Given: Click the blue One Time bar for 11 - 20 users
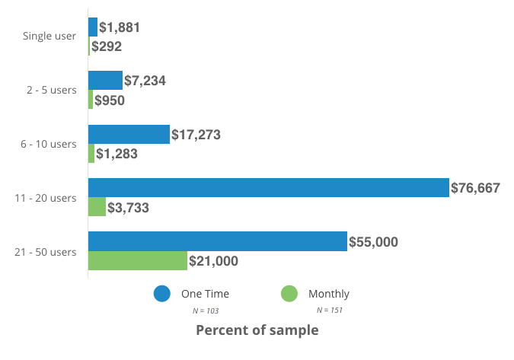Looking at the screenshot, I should (x=268, y=188).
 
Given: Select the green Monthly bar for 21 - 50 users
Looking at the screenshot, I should (x=138, y=260).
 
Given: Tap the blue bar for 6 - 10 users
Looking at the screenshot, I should (x=129, y=135).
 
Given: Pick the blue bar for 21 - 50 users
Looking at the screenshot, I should (x=218, y=241).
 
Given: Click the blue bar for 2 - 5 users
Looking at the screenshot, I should (x=105, y=81).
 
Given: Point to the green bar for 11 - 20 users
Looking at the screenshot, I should (x=97, y=207).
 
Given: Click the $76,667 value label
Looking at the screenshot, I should (x=475, y=188).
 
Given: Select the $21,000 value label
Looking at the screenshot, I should (x=214, y=261).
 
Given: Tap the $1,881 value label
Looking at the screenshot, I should (x=120, y=27).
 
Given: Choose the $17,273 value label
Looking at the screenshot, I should (x=196, y=135).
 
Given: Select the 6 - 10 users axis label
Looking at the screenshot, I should (x=49, y=144).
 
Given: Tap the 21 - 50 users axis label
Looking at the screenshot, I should (x=46, y=252).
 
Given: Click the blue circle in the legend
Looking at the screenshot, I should (x=161, y=294).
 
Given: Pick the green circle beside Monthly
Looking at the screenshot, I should (x=289, y=294).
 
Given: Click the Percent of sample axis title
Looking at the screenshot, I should (x=257, y=330).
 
